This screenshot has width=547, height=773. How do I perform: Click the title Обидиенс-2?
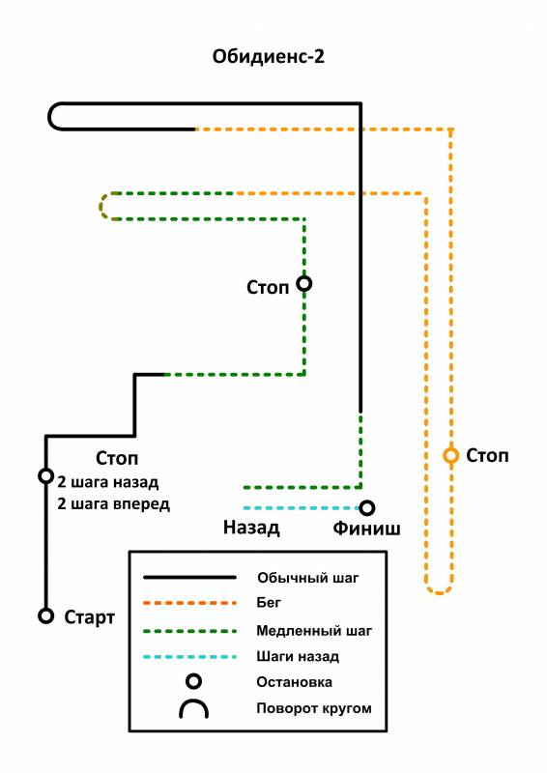(x=269, y=56)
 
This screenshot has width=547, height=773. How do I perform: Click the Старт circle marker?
(x=45, y=616)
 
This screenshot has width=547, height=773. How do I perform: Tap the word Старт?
(x=89, y=617)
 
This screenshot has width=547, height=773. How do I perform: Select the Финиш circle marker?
(x=366, y=508)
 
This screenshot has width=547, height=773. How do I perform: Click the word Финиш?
(x=366, y=529)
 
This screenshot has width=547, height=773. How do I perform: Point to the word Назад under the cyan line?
(x=251, y=528)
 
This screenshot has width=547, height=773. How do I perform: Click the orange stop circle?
(x=450, y=455)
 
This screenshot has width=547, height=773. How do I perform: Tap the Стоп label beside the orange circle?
(x=487, y=456)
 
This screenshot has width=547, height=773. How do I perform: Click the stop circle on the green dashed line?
(x=303, y=284)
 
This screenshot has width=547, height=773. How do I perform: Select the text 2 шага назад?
(x=108, y=481)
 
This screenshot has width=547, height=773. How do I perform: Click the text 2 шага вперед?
(x=113, y=504)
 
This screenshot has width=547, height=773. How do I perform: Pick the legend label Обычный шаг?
(x=307, y=578)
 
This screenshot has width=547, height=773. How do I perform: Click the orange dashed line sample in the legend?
(x=189, y=603)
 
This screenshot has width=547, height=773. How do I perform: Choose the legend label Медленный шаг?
(x=314, y=631)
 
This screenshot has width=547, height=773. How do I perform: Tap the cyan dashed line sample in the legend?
(x=189, y=657)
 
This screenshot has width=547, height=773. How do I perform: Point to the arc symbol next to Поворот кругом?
(x=193, y=701)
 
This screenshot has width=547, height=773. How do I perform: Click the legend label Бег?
(x=269, y=603)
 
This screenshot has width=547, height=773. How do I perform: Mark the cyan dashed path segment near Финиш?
(x=301, y=508)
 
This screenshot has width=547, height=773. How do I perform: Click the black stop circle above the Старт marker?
(x=45, y=476)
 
